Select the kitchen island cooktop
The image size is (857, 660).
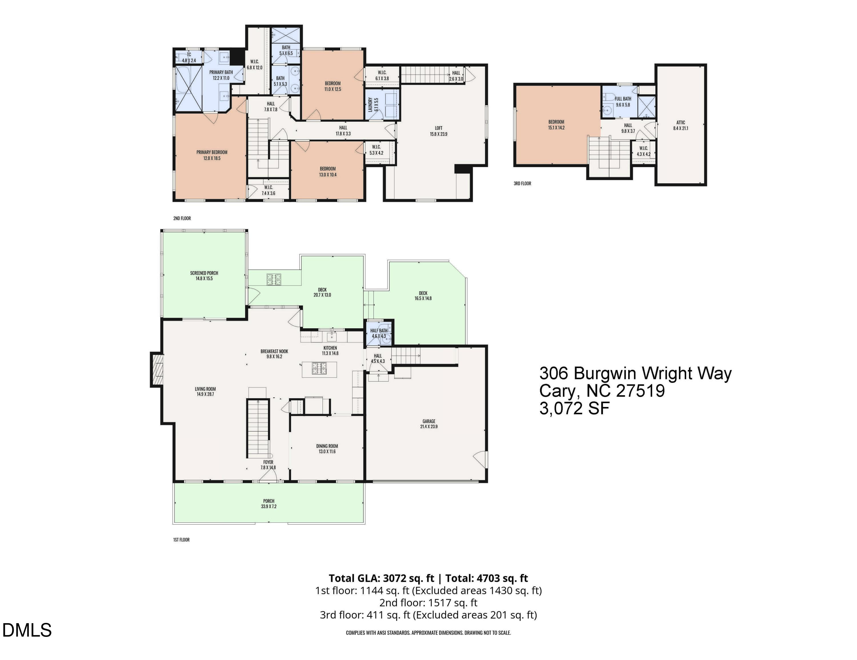point(319,368)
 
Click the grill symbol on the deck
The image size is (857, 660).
point(274,279)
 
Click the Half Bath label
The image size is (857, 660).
point(379,331)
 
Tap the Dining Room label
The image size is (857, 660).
point(327,446)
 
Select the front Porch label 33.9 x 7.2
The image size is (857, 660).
point(269,504)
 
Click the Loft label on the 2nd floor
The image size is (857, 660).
point(438,128)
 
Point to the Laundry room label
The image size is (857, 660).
point(371,105)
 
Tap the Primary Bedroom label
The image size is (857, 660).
point(212,152)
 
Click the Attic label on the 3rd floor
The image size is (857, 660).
point(680,122)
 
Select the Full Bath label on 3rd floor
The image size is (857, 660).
point(623,99)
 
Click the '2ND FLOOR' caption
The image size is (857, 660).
point(182,218)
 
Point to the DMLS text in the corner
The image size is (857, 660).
point(27,631)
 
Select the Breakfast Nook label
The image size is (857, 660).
point(274,351)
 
